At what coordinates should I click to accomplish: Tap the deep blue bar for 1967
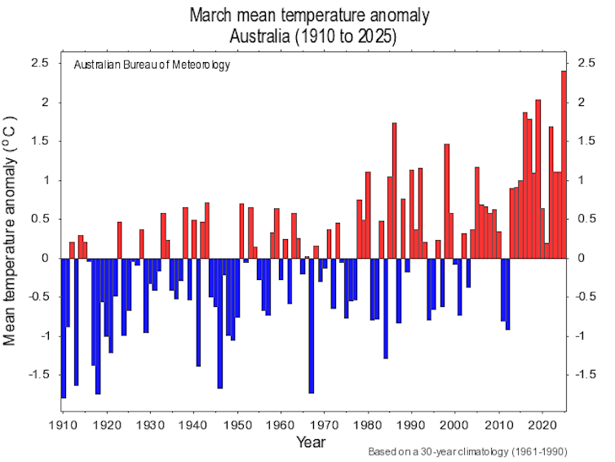coord(312,326)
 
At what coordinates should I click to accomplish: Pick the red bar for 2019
coord(538,179)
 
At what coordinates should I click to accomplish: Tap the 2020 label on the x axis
coord(542,424)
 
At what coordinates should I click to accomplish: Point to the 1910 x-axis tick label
coord(63,424)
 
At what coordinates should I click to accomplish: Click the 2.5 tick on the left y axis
coord(40,64)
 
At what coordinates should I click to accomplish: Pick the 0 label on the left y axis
coord(46,258)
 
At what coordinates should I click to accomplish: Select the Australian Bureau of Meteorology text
coord(152,65)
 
